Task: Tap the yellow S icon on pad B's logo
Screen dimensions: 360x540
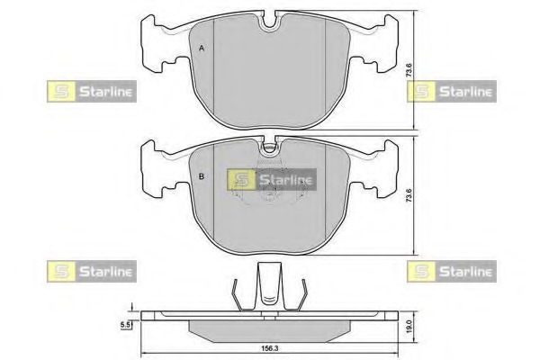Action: (238, 179)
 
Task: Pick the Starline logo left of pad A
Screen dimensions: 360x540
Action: (90, 91)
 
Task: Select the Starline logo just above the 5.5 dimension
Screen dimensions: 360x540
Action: (90, 269)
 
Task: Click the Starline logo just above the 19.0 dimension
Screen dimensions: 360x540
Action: (451, 269)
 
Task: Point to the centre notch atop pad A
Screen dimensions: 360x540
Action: (271, 22)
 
